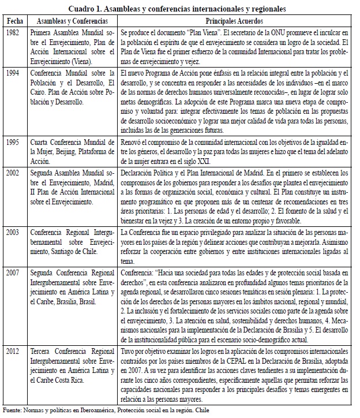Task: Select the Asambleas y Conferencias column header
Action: click(73, 21)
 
